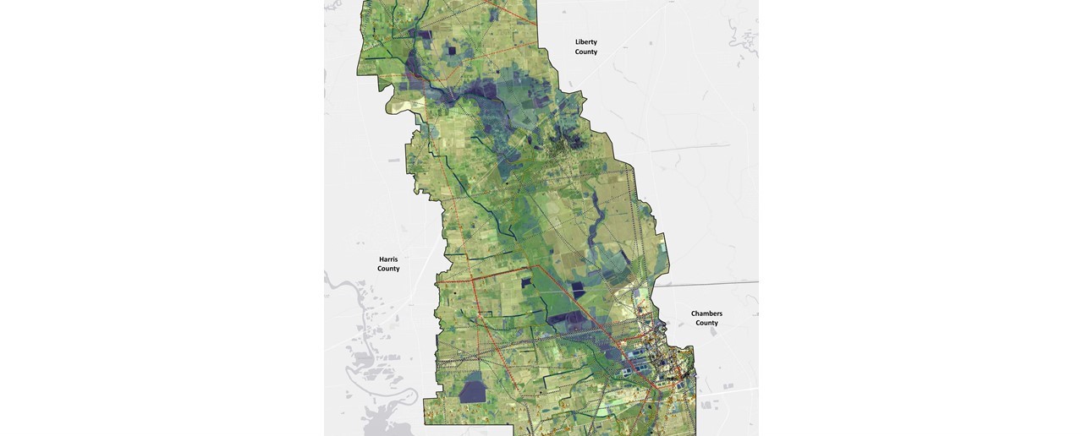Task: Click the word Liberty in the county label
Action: (585, 41)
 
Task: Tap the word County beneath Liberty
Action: (585, 52)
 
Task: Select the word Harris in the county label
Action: (388, 259)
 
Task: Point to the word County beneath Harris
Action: (388, 269)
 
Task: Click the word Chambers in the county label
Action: (706, 313)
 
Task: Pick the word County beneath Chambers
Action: (706, 323)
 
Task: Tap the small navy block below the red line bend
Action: (526, 282)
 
